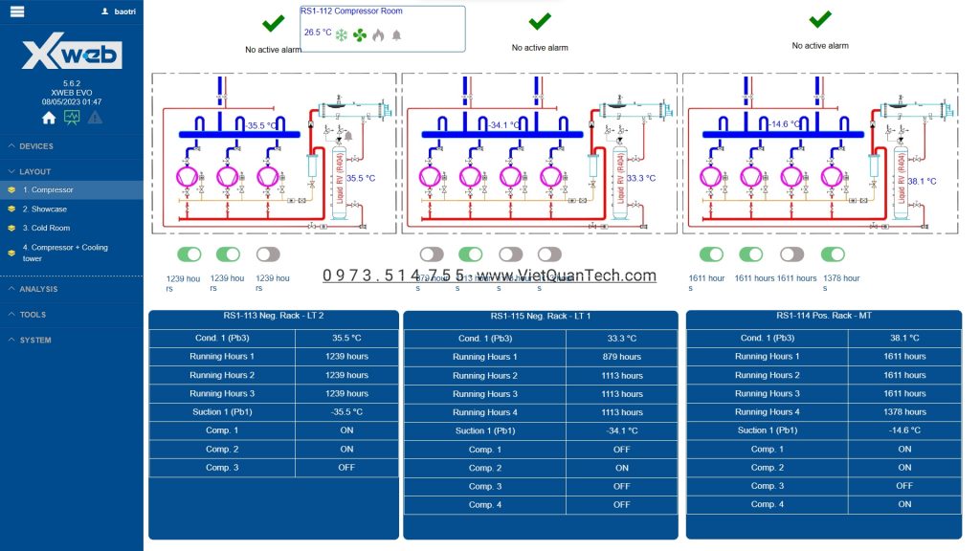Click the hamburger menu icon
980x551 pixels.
pyautogui.click(x=17, y=11)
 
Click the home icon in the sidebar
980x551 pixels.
pyautogui.click(x=49, y=118)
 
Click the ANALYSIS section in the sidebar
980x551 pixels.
pyautogui.click(x=38, y=289)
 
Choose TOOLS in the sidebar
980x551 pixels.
pyautogui.click(x=33, y=315)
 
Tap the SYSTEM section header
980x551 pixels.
pyautogui.click(x=35, y=340)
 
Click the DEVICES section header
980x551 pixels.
pyautogui.click(x=36, y=146)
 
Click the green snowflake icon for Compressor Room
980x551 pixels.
pyautogui.click(x=341, y=35)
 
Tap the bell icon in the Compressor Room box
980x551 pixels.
pyautogui.click(x=396, y=35)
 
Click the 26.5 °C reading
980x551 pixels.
pyautogui.click(x=318, y=33)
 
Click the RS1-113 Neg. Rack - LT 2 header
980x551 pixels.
pyautogui.click(x=274, y=316)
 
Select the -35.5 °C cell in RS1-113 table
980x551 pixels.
pyautogui.click(x=346, y=412)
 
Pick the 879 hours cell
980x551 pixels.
pyautogui.click(x=622, y=357)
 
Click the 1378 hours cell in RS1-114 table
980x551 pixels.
pyautogui.click(x=904, y=412)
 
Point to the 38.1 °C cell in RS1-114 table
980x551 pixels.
pyautogui.click(x=904, y=338)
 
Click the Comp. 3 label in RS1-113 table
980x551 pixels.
pyautogui.click(x=222, y=468)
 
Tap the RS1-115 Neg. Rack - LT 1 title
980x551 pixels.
pyautogui.click(x=541, y=317)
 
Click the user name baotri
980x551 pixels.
pyautogui.click(x=124, y=11)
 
